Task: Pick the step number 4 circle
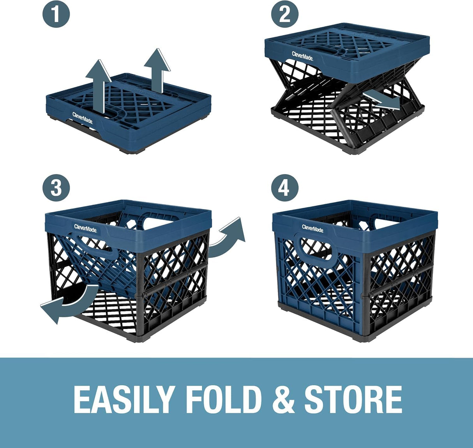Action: [284, 188]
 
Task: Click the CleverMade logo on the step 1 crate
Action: [83, 117]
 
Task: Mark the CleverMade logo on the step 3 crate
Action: [85, 228]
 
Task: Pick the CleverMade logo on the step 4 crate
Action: [312, 228]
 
